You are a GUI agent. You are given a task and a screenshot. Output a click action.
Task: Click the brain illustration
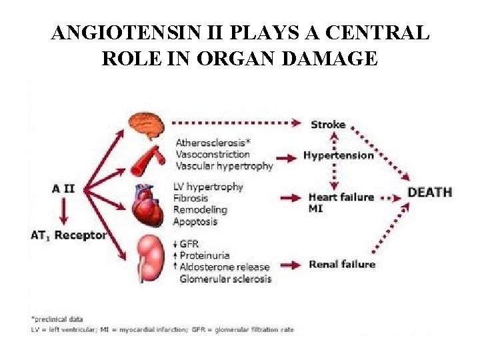tap(146, 125)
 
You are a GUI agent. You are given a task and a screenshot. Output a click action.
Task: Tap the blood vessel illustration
tap(148, 160)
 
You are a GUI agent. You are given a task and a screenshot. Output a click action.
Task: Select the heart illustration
tap(146, 205)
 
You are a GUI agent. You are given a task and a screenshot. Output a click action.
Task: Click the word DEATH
tap(430, 193)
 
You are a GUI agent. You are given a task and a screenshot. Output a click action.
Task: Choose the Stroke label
tap(328, 125)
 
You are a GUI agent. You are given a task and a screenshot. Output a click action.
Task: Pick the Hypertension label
tap(339, 155)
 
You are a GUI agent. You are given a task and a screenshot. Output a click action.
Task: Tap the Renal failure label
tap(342, 264)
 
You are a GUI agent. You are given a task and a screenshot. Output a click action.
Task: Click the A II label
tap(63, 189)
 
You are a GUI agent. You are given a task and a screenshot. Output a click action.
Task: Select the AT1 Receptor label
tap(69, 236)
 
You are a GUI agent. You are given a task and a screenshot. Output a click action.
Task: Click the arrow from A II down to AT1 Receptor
tap(63, 211)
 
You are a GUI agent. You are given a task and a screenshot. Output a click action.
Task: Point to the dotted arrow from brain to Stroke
tap(236, 123)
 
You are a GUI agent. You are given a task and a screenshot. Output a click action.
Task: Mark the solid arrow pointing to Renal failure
tap(291, 265)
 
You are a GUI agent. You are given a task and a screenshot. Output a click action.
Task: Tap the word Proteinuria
tap(205, 255)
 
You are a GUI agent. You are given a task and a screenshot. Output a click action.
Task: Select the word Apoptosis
tap(195, 221)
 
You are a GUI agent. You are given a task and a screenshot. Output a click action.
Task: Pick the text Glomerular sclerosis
tap(225, 279)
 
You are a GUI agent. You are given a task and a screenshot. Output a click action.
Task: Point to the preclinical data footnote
tap(57, 319)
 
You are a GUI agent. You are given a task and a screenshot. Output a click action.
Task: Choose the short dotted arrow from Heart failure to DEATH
tap(390, 199)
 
